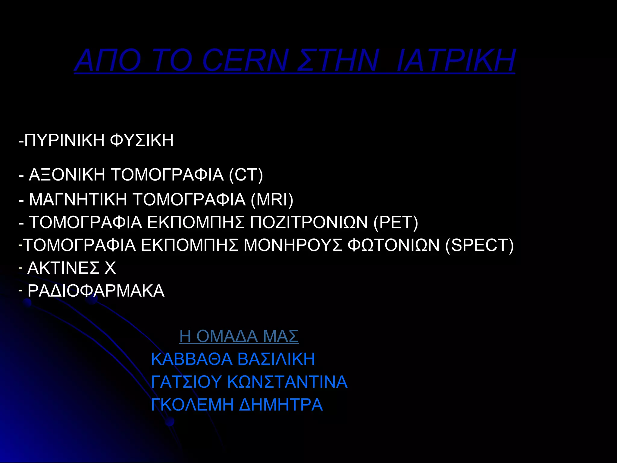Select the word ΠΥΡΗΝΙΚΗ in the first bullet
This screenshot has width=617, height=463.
pyautogui.click(x=64, y=140)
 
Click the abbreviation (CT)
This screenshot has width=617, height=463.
pyautogui.click(x=246, y=175)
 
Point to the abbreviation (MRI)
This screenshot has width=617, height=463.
pyautogui.click(x=272, y=200)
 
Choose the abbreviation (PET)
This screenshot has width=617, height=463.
pyautogui.click(x=396, y=222)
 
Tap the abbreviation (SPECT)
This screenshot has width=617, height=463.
pyautogui.click(x=479, y=245)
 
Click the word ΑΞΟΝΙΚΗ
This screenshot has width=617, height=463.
pyautogui.click(x=67, y=175)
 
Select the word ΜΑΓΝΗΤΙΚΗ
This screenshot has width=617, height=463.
pyautogui.click(x=78, y=200)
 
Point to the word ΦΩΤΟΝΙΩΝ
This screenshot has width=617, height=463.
pyautogui.click(x=393, y=245)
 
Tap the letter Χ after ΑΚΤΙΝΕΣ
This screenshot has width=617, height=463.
pyautogui.click(x=110, y=268)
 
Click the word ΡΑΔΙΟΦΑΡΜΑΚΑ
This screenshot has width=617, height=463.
pyautogui.click(x=96, y=291)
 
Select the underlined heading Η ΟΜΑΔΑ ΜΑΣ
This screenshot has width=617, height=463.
pyautogui.click(x=239, y=336)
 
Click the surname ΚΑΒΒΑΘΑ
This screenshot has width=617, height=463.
pyautogui.click(x=192, y=359)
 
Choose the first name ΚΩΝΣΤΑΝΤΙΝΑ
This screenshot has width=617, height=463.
pyautogui.click(x=287, y=382)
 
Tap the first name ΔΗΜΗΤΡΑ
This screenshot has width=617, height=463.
pyautogui.click(x=281, y=405)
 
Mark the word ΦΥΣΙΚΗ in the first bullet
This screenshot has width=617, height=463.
pyautogui.click(x=142, y=140)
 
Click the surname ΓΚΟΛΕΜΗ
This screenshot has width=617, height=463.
pyautogui.click(x=192, y=405)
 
